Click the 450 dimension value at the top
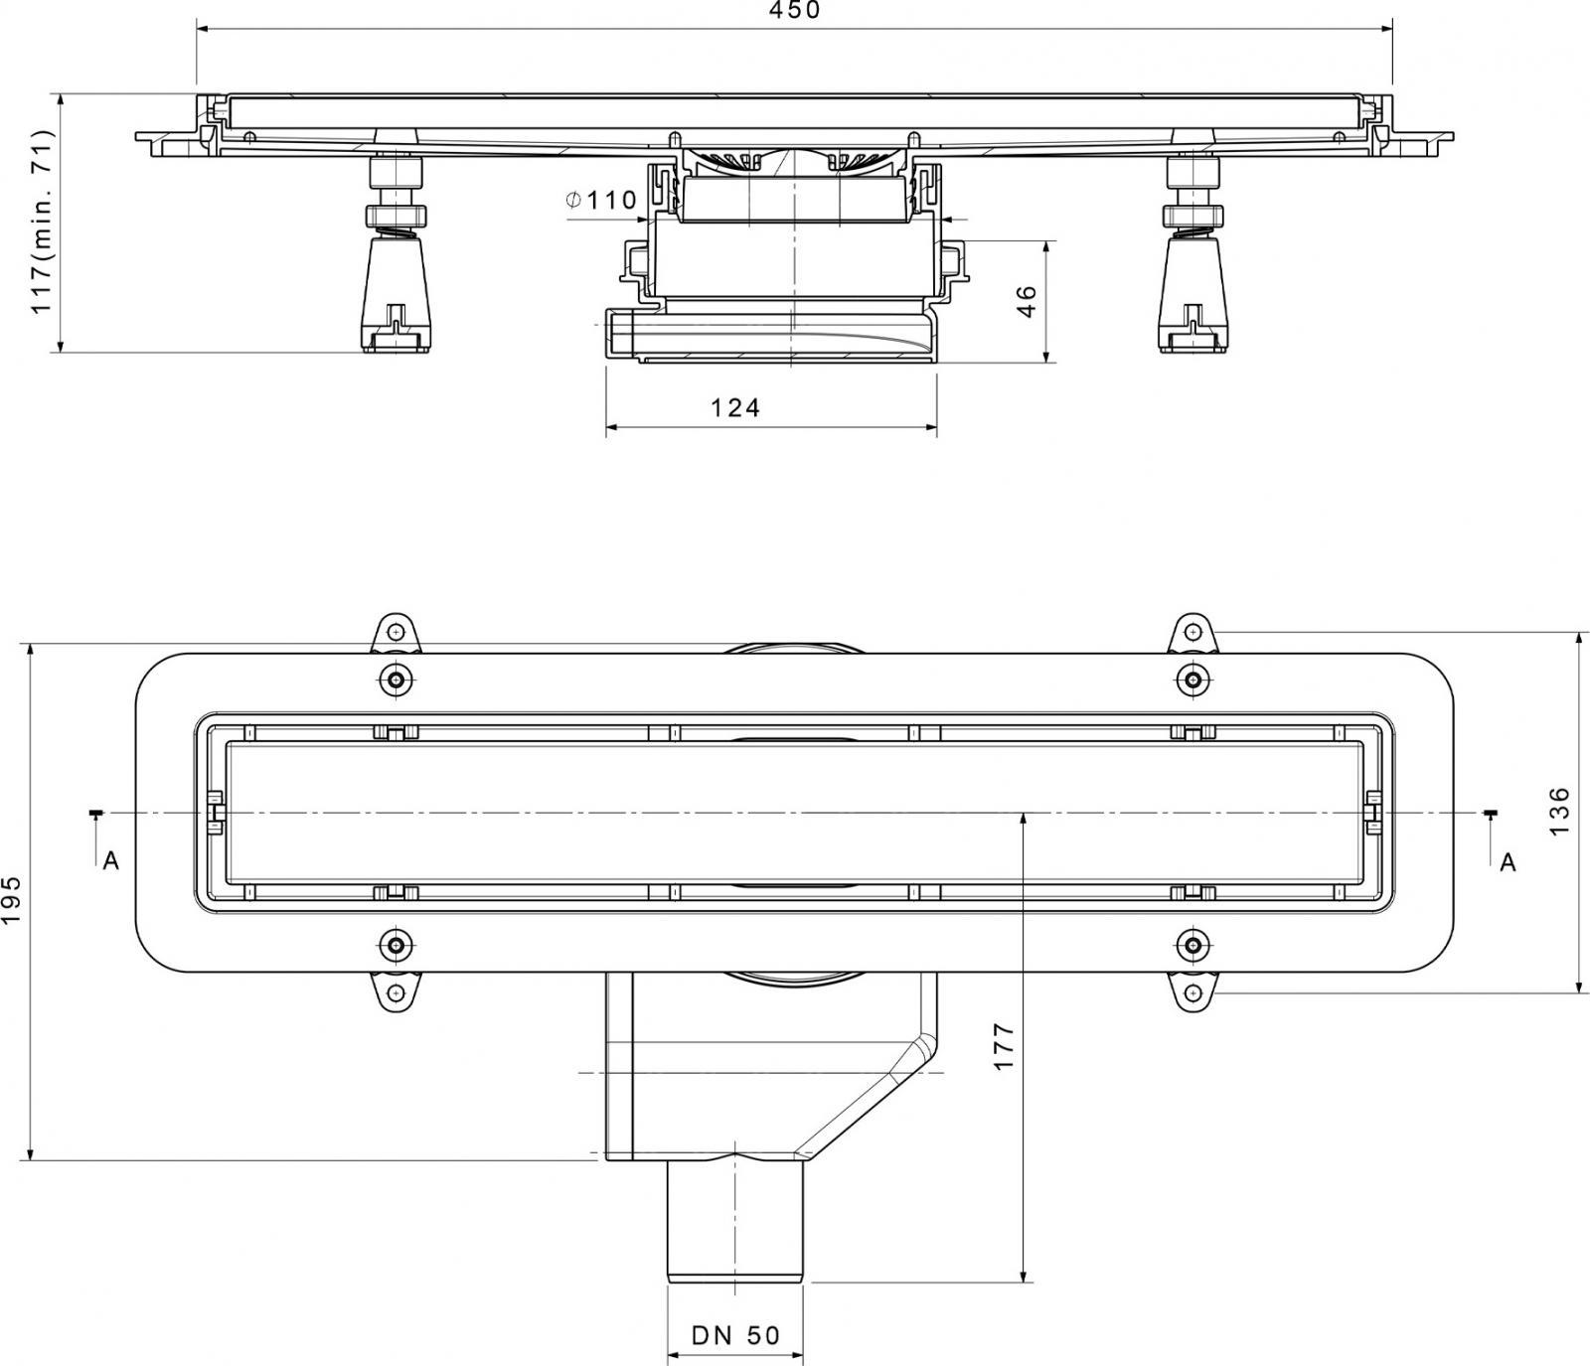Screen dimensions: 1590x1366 pos(794,10)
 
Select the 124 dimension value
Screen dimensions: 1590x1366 pos(735,407)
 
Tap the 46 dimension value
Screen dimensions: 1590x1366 pos(1026,301)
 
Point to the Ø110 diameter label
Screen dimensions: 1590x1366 pos(600,200)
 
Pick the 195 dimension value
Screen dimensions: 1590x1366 pos(12,900)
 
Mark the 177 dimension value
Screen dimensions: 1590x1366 pos(1004,1045)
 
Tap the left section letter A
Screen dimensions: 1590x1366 pos(111,861)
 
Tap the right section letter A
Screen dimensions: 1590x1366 pos(1508,862)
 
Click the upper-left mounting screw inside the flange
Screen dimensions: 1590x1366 pos(397,680)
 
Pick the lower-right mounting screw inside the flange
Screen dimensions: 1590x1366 pos(1192,944)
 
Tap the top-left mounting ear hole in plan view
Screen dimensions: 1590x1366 pos(397,631)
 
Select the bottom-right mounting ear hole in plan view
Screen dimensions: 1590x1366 pos(1192,992)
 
